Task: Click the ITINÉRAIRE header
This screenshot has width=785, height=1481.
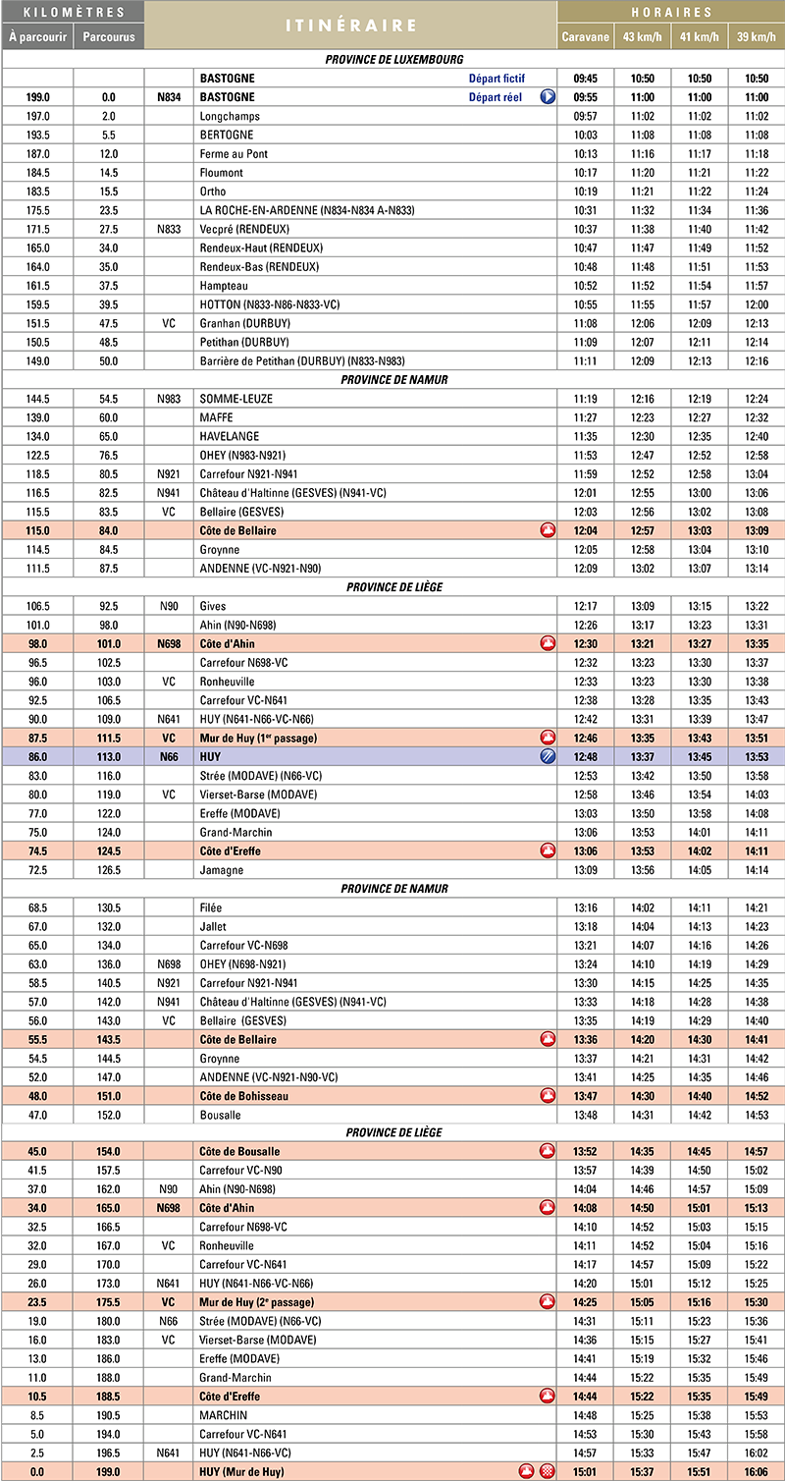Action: click(x=350, y=25)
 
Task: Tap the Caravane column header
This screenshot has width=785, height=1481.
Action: click(x=585, y=37)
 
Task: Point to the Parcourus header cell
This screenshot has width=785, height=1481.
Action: click(x=108, y=37)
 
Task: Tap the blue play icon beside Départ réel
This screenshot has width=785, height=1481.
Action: click(x=548, y=97)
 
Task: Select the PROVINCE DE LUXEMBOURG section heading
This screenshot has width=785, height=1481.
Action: click(x=393, y=60)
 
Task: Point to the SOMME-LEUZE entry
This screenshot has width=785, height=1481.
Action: click(x=235, y=399)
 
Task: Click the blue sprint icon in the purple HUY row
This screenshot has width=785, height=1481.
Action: click(x=548, y=756)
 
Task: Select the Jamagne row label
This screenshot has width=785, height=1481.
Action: click(x=221, y=869)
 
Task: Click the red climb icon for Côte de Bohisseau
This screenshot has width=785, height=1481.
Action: click(x=548, y=1096)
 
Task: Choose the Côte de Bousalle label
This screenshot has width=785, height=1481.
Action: click(x=239, y=1151)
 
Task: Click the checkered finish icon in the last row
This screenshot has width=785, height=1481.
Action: click(x=548, y=1471)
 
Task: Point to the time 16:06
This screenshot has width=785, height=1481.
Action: click(x=756, y=1471)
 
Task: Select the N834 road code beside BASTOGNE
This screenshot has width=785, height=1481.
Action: click(x=169, y=97)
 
